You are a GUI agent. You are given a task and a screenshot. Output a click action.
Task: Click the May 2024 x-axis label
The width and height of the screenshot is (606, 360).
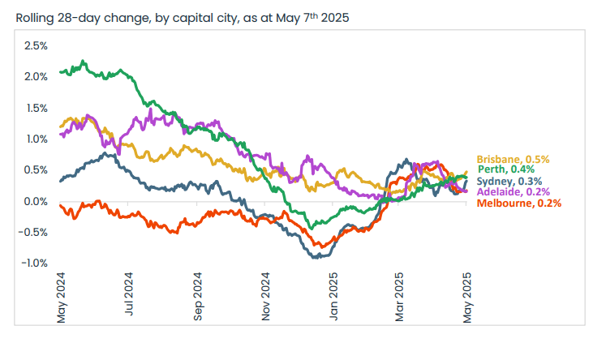[x=61, y=298]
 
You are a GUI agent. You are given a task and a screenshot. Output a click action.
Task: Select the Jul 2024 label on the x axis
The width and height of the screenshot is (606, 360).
[x=129, y=298]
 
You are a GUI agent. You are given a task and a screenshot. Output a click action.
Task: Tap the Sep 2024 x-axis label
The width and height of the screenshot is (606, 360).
[x=197, y=298]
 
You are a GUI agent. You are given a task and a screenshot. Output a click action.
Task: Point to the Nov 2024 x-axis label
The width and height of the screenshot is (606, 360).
[x=265, y=298]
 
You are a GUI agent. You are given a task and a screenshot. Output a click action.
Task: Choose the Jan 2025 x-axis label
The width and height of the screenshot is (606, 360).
[x=333, y=298]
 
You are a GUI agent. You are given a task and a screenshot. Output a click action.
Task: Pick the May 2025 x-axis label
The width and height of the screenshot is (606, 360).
[x=468, y=298]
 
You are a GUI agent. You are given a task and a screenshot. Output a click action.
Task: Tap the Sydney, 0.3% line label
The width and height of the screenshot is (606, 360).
[x=509, y=181]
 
